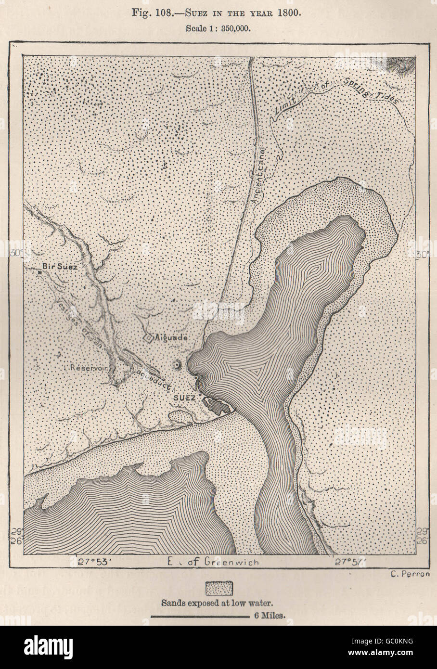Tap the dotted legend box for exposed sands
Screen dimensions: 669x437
pos(218,588)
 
